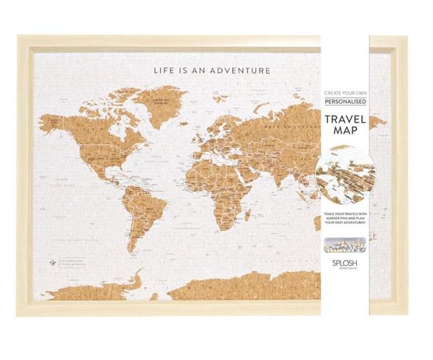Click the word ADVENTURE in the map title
pyautogui.click(x=241, y=71)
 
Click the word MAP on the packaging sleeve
pyautogui.click(x=345, y=136)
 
